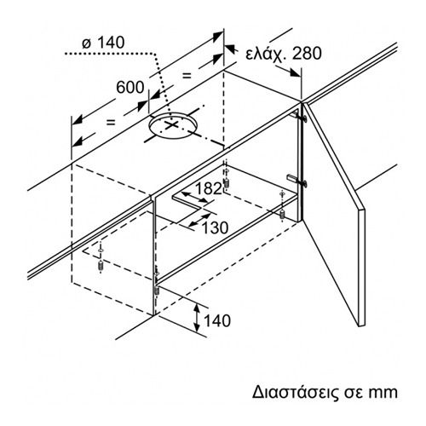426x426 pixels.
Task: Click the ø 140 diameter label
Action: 103,43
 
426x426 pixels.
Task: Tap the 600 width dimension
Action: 130,87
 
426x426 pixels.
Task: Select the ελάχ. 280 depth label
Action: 284,54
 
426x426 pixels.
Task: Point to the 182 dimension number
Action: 208,188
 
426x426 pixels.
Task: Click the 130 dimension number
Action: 215,227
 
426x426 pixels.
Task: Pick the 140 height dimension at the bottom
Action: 217,320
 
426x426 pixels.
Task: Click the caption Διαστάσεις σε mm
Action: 325,392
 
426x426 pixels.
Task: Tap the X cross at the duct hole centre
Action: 171,125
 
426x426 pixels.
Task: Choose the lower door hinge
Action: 297,181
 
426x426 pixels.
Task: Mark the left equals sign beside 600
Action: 111,122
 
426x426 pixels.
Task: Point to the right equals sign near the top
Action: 187,76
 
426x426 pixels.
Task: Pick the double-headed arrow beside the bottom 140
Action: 197,318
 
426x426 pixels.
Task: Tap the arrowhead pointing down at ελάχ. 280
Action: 296,73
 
